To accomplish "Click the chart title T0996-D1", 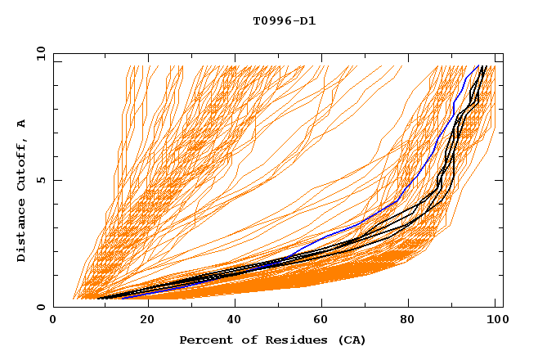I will click(x=284, y=20).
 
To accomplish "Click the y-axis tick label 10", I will click(x=39, y=53).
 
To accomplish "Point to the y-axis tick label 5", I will click(x=43, y=180).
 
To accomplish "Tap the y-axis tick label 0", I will click(x=43, y=307).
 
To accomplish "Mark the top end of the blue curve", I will click(x=478, y=65).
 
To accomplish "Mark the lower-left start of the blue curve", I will click(x=123, y=298).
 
